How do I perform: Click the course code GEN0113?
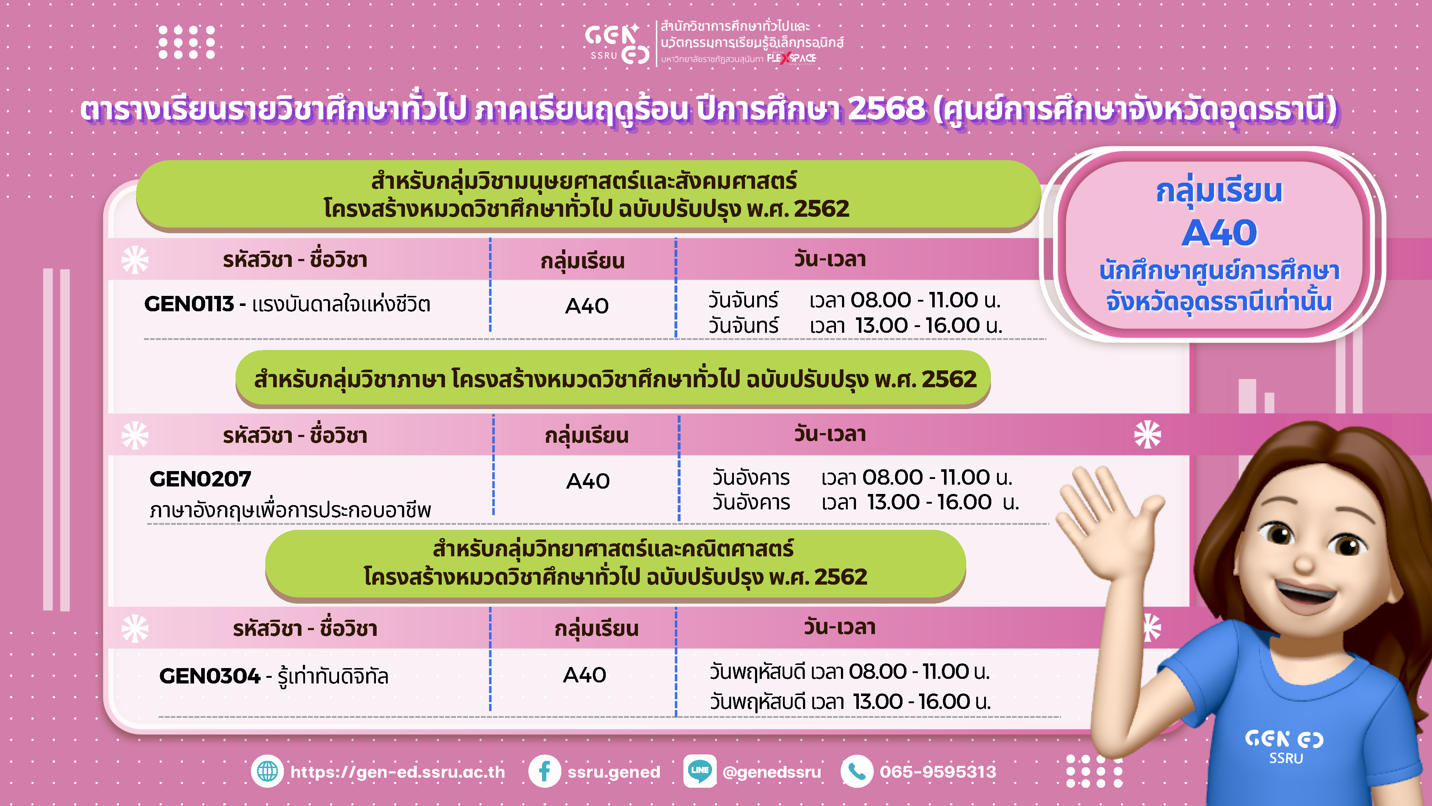click(x=189, y=304)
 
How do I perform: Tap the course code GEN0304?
click(x=209, y=676)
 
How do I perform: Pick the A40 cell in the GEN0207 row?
click(x=587, y=481)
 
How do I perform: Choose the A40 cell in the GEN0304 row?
click(x=584, y=675)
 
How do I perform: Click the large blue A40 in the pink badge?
click(x=1219, y=232)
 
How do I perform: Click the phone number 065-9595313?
click(x=938, y=772)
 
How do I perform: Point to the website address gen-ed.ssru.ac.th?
click(x=397, y=772)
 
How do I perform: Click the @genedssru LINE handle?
click(x=771, y=772)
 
